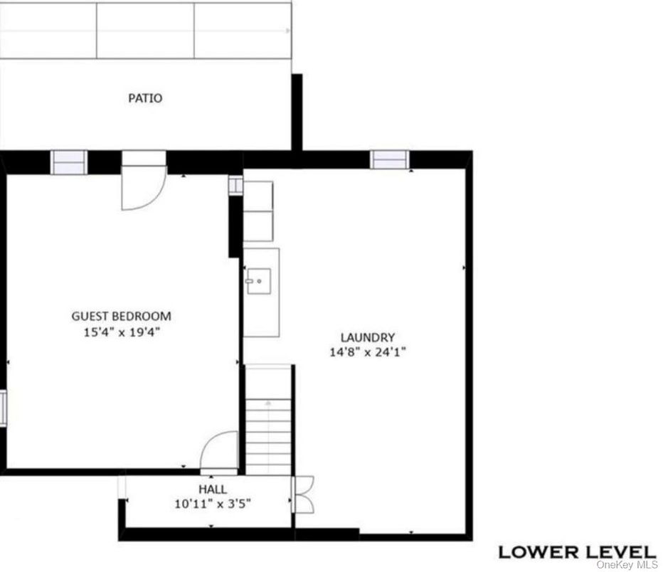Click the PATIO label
[145, 98]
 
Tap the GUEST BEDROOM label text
[122, 317]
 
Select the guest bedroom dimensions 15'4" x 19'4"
[122, 332]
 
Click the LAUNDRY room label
[367, 338]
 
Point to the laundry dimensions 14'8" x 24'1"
[367, 352]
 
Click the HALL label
[213, 489]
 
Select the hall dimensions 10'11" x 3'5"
[213, 504]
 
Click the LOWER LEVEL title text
[576, 551]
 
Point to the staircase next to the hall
[268, 427]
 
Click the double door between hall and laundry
[302, 492]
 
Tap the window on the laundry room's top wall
[391, 160]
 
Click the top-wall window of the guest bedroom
[69, 162]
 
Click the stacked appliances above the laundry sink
[258, 210]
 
